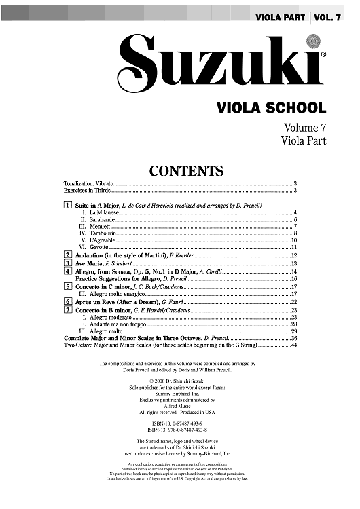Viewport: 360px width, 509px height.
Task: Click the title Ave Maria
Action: (x=90, y=263)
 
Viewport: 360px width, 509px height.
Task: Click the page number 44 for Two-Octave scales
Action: (x=294, y=345)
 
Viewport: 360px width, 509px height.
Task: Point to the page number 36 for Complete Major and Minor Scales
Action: (x=294, y=338)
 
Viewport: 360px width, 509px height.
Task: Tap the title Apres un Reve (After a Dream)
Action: (x=120, y=302)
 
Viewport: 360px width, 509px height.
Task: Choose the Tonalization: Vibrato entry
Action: (x=88, y=184)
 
